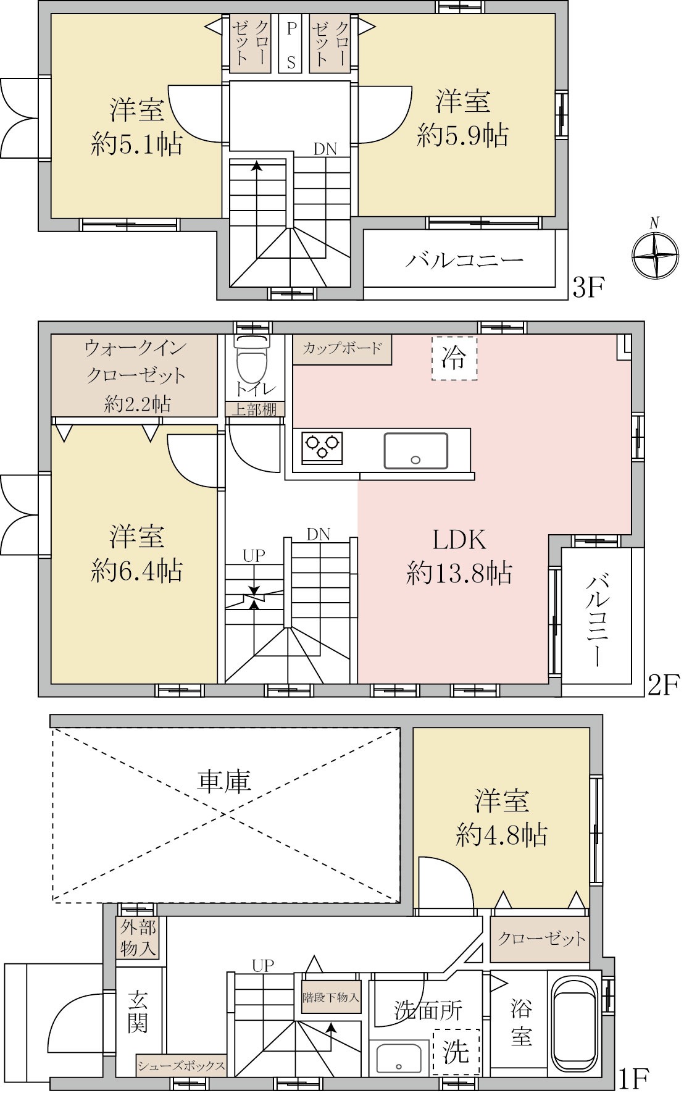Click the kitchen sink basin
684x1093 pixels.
point(416,450)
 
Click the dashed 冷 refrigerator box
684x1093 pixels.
point(454,358)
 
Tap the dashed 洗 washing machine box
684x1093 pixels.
point(456,1051)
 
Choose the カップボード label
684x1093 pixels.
point(342,348)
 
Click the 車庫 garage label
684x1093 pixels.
point(224,782)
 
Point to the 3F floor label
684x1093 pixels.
point(587,288)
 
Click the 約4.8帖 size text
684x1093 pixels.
point(501,835)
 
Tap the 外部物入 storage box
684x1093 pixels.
point(138,937)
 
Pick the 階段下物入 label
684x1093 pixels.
point(331,997)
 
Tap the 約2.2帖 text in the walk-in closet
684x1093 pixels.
point(137,404)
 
